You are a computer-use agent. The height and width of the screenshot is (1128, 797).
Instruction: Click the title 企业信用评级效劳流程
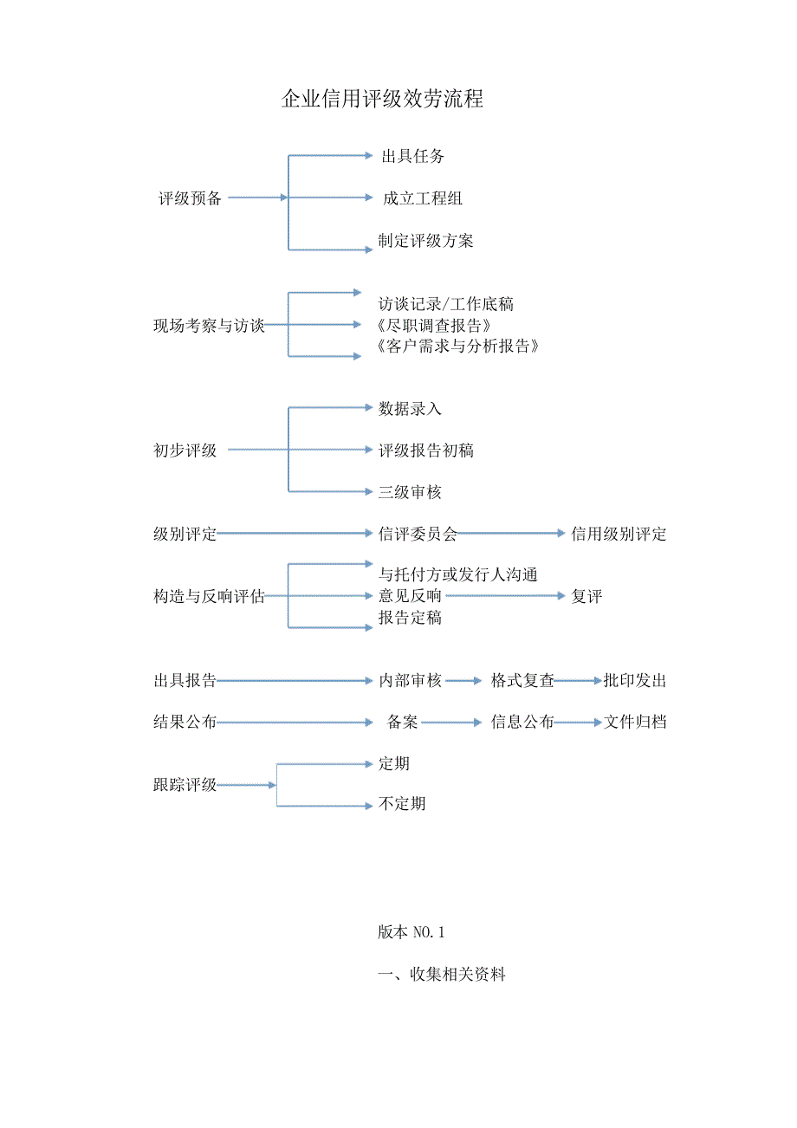pyautogui.click(x=382, y=99)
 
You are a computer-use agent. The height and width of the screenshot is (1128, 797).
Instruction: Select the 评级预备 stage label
pyautogui.click(x=190, y=198)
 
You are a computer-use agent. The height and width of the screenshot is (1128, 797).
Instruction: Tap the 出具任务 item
pyautogui.click(x=413, y=157)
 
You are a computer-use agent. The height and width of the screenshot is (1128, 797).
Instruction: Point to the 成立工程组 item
pyautogui.click(x=423, y=198)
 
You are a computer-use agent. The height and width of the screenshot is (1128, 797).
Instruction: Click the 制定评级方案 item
pyautogui.click(x=425, y=241)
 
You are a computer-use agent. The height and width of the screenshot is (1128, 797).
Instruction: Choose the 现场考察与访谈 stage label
pyautogui.click(x=209, y=326)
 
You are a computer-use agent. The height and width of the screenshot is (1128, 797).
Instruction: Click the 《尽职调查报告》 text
pyautogui.click(x=436, y=326)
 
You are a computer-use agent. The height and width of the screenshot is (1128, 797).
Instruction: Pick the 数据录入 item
pyautogui.click(x=410, y=408)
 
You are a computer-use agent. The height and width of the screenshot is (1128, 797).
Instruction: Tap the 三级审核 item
pyautogui.click(x=410, y=492)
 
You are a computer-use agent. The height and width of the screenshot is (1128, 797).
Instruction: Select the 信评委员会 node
pyautogui.click(x=418, y=534)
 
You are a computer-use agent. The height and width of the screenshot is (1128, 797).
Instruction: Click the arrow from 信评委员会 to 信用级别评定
pyautogui.click(x=512, y=534)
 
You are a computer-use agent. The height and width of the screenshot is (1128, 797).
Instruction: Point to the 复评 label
pyautogui.click(x=586, y=596)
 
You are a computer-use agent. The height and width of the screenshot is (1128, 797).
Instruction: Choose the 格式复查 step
pyautogui.click(x=522, y=681)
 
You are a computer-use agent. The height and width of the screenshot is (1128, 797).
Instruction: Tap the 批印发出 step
pyautogui.click(x=635, y=681)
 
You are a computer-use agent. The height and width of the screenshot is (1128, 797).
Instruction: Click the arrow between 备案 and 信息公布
pyautogui.click(x=451, y=723)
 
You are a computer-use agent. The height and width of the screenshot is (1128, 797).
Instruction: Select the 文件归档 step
pyautogui.click(x=635, y=723)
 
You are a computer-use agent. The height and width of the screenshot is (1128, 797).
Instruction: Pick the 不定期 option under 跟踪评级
pyautogui.click(x=402, y=804)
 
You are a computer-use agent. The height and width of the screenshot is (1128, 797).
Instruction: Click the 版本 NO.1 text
pyautogui.click(x=411, y=932)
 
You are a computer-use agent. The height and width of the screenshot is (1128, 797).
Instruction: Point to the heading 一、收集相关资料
pyautogui.click(x=442, y=975)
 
